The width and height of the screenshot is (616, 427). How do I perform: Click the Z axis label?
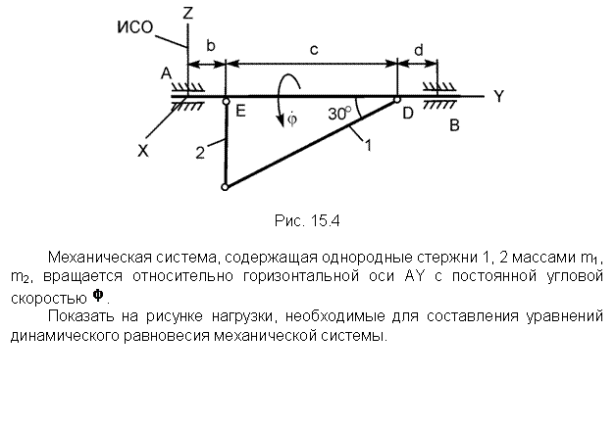[188, 14]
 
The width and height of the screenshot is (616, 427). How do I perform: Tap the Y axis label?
[498, 96]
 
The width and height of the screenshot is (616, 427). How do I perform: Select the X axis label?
[143, 151]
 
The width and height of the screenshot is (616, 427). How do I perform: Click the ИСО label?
[135, 27]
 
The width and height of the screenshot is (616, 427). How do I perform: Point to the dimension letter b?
[211, 46]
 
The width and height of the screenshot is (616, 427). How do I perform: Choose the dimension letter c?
[314, 50]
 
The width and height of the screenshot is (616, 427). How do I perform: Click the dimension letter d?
[419, 50]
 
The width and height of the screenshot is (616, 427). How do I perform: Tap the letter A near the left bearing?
[167, 73]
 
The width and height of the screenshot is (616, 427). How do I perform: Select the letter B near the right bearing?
[454, 125]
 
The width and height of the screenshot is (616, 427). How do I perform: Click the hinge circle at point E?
[227, 102]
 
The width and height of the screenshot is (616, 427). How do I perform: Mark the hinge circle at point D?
[397, 100]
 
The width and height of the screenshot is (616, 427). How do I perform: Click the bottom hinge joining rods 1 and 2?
[225, 187]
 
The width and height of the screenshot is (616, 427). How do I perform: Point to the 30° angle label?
[339, 114]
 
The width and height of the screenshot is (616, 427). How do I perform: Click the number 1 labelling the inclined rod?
[368, 146]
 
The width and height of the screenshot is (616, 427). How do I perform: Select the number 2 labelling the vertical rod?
[200, 153]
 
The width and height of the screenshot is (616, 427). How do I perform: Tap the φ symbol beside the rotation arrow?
[292, 119]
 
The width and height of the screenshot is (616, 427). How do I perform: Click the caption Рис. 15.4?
[307, 221]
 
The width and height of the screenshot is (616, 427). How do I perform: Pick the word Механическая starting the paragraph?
[100, 258]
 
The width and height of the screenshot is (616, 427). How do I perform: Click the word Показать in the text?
[81, 315]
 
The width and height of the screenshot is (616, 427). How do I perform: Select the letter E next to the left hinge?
[240, 112]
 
